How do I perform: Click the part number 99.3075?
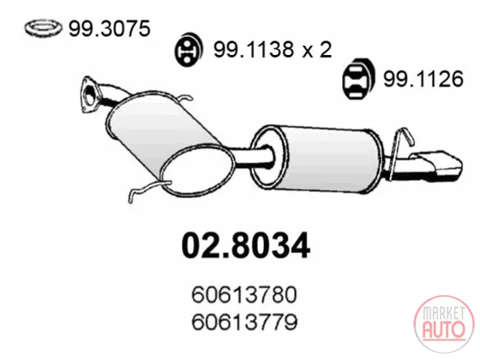click(109, 29)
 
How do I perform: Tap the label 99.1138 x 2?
click(273, 49)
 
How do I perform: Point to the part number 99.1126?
click(423, 79)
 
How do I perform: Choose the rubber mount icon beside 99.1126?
click(358, 78)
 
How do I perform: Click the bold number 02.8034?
click(246, 246)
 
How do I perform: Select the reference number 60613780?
click(244, 294)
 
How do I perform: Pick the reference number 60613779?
click(244, 322)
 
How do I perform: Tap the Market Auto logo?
click(444, 324)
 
